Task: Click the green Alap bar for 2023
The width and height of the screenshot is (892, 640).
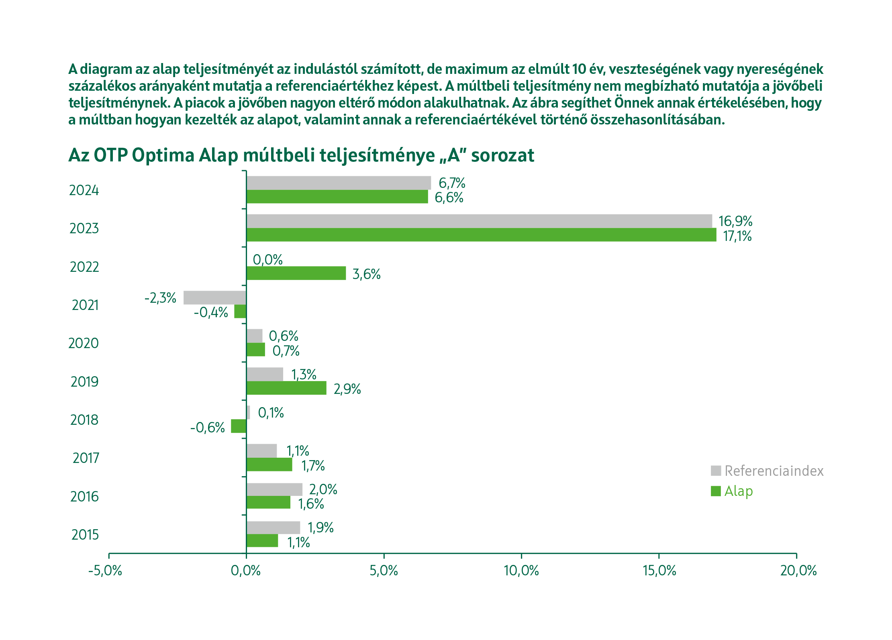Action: [x=481, y=235]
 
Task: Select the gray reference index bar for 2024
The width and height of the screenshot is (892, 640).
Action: [x=339, y=183]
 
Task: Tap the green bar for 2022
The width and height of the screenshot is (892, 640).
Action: [x=296, y=273]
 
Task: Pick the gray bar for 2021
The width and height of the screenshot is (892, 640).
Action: [x=215, y=298]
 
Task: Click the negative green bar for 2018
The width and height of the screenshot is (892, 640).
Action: [x=239, y=426]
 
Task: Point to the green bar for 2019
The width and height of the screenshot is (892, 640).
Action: [x=286, y=388]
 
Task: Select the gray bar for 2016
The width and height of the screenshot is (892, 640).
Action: [x=274, y=489]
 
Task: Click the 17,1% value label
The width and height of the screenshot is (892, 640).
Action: [x=737, y=236]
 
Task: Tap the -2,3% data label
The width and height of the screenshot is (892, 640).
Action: [x=160, y=298]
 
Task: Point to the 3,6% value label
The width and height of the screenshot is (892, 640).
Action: [x=366, y=274]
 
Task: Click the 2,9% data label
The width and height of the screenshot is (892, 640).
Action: [x=347, y=389]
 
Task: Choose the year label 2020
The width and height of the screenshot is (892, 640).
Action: [x=84, y=343]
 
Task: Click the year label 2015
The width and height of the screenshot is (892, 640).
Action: [x=85, y=535]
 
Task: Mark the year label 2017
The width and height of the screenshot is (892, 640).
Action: [x=86, y=458]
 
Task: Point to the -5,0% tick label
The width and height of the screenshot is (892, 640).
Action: [x=105, y=571]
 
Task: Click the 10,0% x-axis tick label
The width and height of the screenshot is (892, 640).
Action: [x=521, y=571]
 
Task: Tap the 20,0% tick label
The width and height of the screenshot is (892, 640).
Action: [x=798, y=571]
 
